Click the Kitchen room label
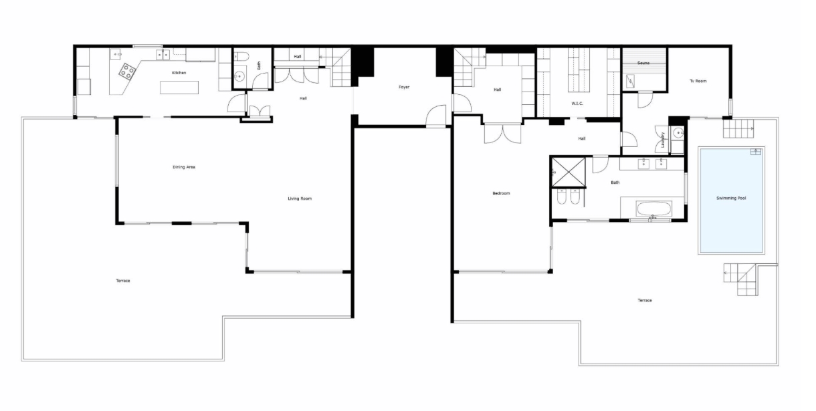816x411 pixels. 179,73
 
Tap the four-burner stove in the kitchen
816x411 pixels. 128,71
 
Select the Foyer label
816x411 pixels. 404,87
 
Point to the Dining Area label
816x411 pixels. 183,167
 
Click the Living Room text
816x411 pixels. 300,198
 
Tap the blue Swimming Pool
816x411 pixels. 731,200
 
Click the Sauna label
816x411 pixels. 643,63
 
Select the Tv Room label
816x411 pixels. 698,81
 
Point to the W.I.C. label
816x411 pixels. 577,104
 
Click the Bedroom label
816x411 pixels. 501,193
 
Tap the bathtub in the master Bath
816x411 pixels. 653,209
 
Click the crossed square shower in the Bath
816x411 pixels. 569,172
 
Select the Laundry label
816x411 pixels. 663,140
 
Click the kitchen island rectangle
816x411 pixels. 179,88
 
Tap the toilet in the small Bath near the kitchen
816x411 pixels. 241,56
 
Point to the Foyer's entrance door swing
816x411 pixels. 436,115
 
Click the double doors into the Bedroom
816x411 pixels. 502,134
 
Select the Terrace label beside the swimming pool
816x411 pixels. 645,300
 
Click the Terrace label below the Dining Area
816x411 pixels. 123,281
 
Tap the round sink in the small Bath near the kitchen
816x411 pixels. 239,76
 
